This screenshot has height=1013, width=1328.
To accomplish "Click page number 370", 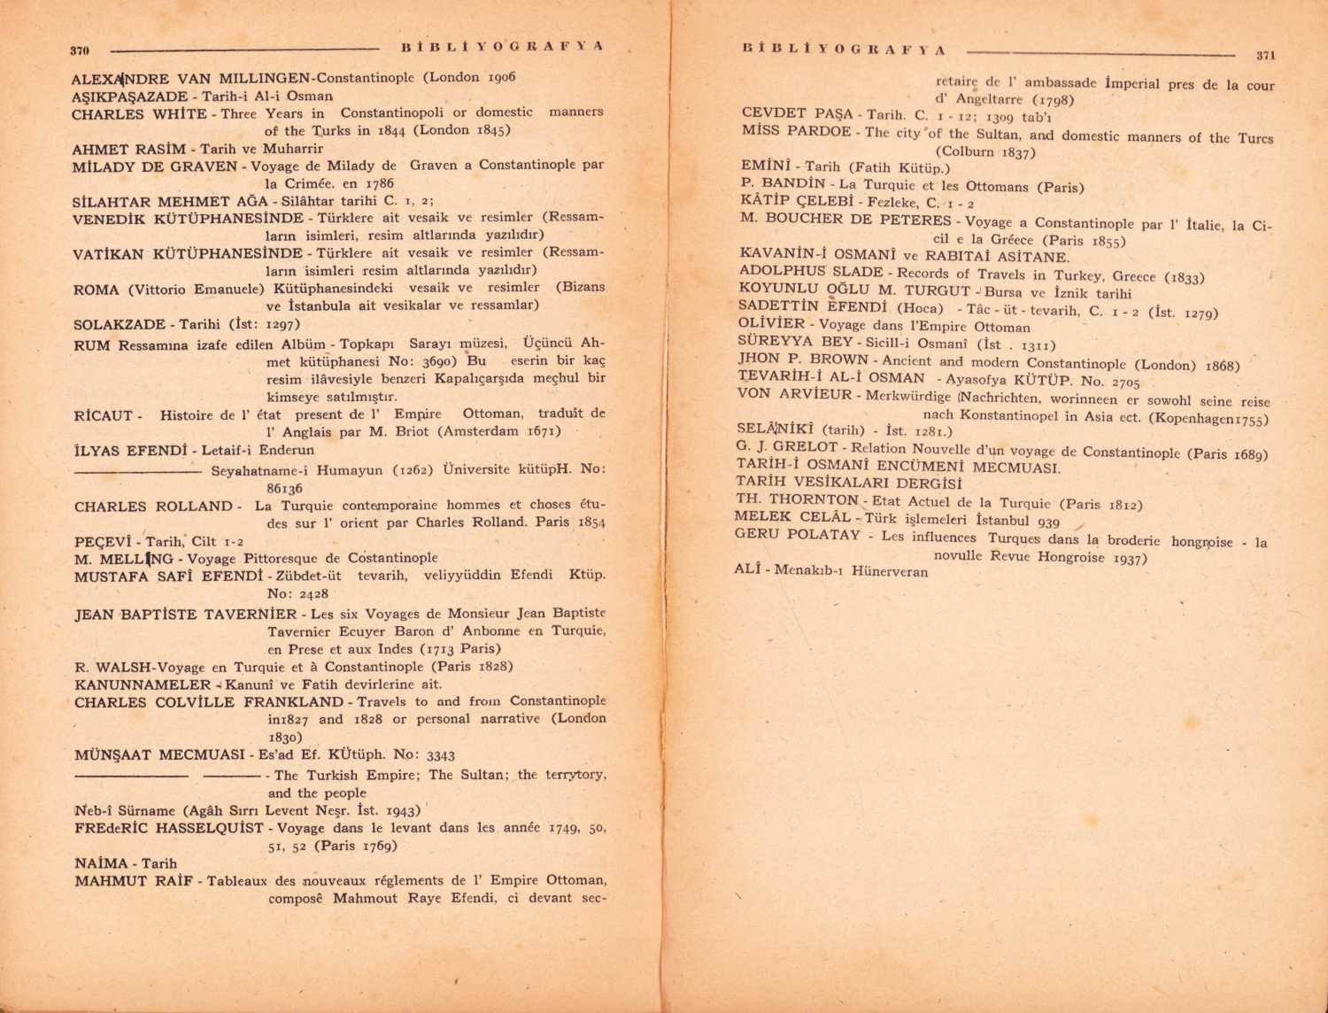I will pos(80,51).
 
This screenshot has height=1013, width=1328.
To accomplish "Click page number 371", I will pos(1265,55).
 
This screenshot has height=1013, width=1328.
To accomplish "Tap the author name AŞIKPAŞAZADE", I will pos(129,97).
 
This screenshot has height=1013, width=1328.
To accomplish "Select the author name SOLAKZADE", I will pos(121,324).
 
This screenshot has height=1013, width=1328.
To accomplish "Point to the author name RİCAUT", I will pos(104,415).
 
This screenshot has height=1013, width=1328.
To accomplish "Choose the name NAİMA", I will pos(102,863).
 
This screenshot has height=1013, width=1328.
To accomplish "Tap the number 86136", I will pos(284,488).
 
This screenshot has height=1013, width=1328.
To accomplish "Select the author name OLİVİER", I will pos(771,325).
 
